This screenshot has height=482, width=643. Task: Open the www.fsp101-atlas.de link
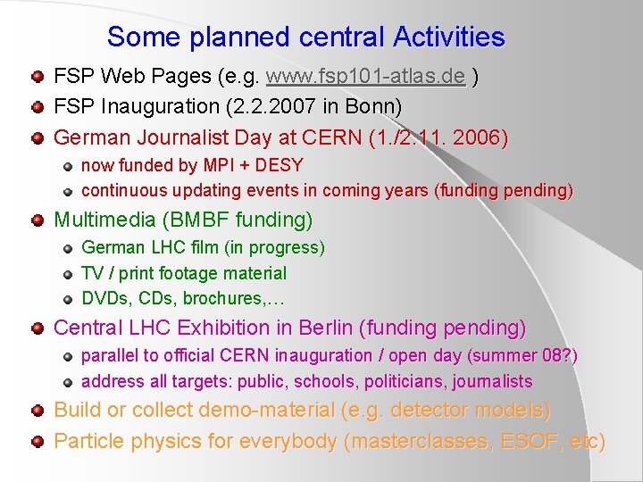tap(365, 78)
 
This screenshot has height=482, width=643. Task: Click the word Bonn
tap(368, 106)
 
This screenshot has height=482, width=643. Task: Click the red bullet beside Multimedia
tap(37, 220)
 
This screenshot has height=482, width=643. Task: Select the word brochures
tap(237, 298)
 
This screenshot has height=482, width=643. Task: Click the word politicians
tap(404, 381)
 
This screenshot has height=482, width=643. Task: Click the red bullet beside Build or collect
tap(37, 411)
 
